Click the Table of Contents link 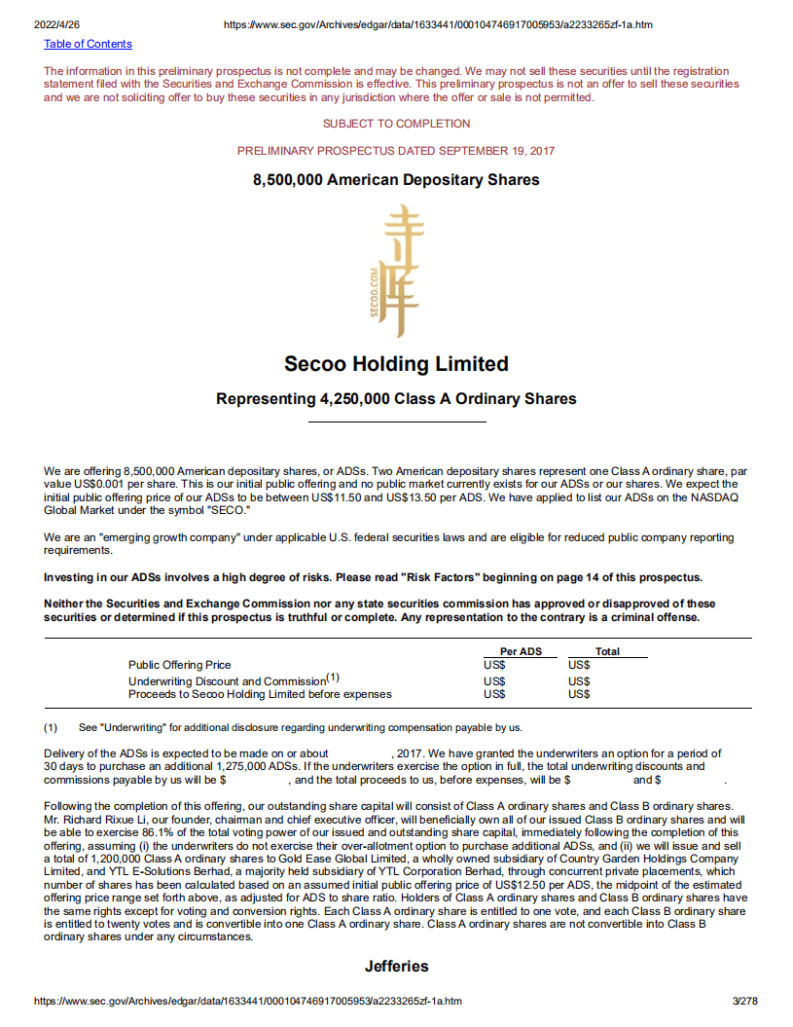(x=88, y=44)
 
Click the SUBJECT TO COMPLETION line (x=396, y=124)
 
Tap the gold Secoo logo (x=396, y=271)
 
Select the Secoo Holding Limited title (x=396, y=364)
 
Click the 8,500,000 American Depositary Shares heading (x=396, y=180)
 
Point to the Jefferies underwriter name (x=396, y=967)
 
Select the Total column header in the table (x=607, y=651)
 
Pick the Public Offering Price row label (x=180, y=665)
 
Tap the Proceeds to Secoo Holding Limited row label (x=260, y=694)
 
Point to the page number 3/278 (x=745, y=1001)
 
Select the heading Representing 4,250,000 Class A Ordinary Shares (x=396, y=399)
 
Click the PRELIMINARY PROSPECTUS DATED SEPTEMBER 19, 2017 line (x=396, y=151)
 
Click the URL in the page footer (x=247, y=1001)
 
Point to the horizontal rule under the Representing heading (x=396, y=422)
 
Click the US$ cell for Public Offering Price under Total (x=579, y=665)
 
